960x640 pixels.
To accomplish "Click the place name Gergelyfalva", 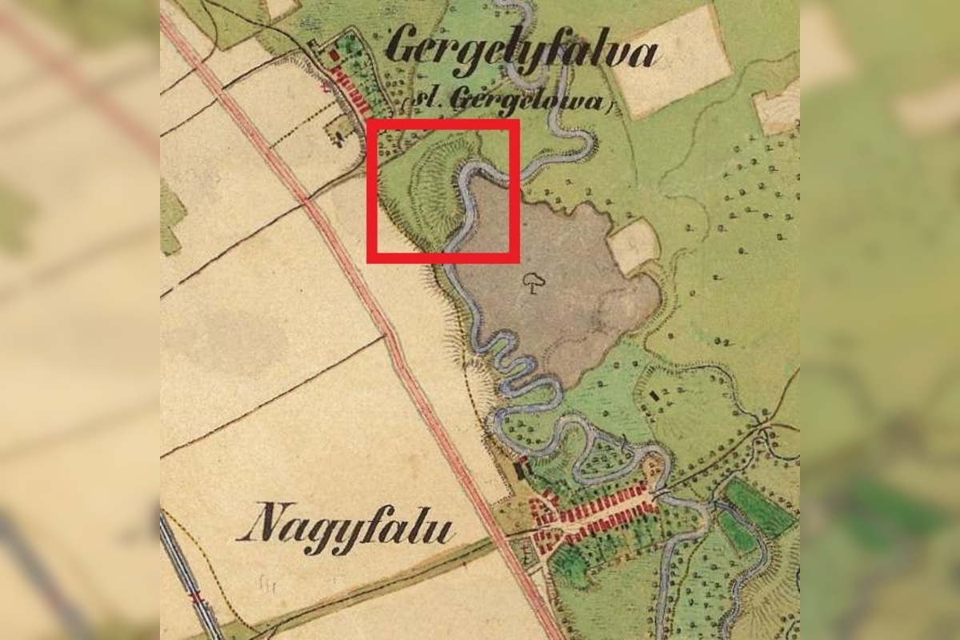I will pyautogui.click(x=521, y=52).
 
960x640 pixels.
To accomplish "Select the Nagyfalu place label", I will pyautogui.click(x=346, y=529).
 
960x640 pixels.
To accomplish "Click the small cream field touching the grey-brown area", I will pyautogui.click(x=634, y=245).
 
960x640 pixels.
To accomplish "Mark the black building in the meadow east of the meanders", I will pyautogui.click(x=656, y=394).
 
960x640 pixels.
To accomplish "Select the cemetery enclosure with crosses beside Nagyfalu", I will pyautogui.click(x=523, y=549).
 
